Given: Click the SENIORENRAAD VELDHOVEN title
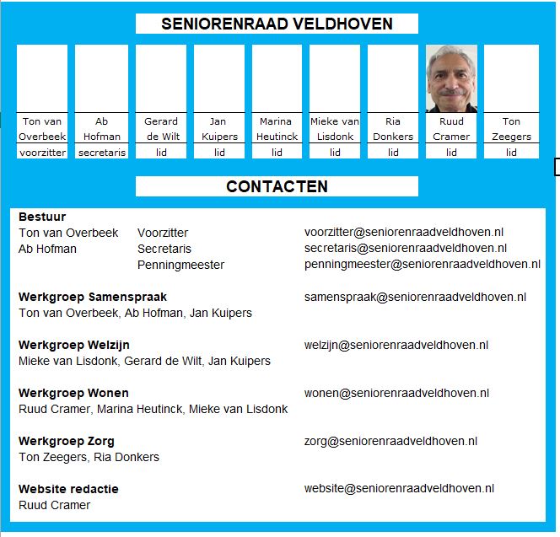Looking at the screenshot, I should (x=277, y=24).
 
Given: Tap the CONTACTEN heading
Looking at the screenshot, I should (x=277, y=186).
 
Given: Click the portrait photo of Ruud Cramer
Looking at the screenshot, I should (x=451, y=78).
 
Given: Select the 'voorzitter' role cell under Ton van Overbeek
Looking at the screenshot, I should (x=42, y=153).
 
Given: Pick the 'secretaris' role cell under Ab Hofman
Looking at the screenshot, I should (x=101, y=153).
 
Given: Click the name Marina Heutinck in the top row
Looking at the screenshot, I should (x=276, y=128).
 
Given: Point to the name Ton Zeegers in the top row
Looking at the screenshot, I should (x=511, y=128).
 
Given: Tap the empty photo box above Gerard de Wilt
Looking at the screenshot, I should (x=160, y=78).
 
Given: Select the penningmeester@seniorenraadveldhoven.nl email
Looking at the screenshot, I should (x=422, y=265).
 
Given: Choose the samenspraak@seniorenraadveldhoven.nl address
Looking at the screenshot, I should (x=415, y=297).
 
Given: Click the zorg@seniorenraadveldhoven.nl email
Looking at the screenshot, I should (x=390, y=441).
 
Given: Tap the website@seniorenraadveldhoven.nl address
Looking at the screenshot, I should (x=399, y=488).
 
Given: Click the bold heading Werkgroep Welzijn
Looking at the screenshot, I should (x=74, y=345).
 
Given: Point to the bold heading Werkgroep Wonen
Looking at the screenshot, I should (x=73, y=393).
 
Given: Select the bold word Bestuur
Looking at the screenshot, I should (x=42, y=217).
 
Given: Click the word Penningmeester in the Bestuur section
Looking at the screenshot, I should (x=180, y=265).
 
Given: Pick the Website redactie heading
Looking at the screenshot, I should (x=68, y=489).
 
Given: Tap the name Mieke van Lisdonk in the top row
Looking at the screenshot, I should (x=335, y=128).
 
